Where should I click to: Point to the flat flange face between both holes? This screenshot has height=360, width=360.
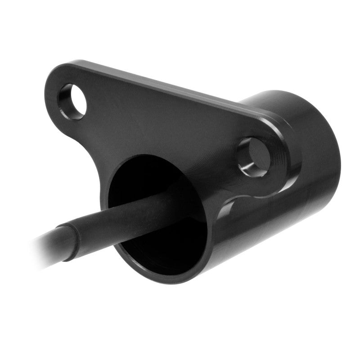[157, 121]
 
